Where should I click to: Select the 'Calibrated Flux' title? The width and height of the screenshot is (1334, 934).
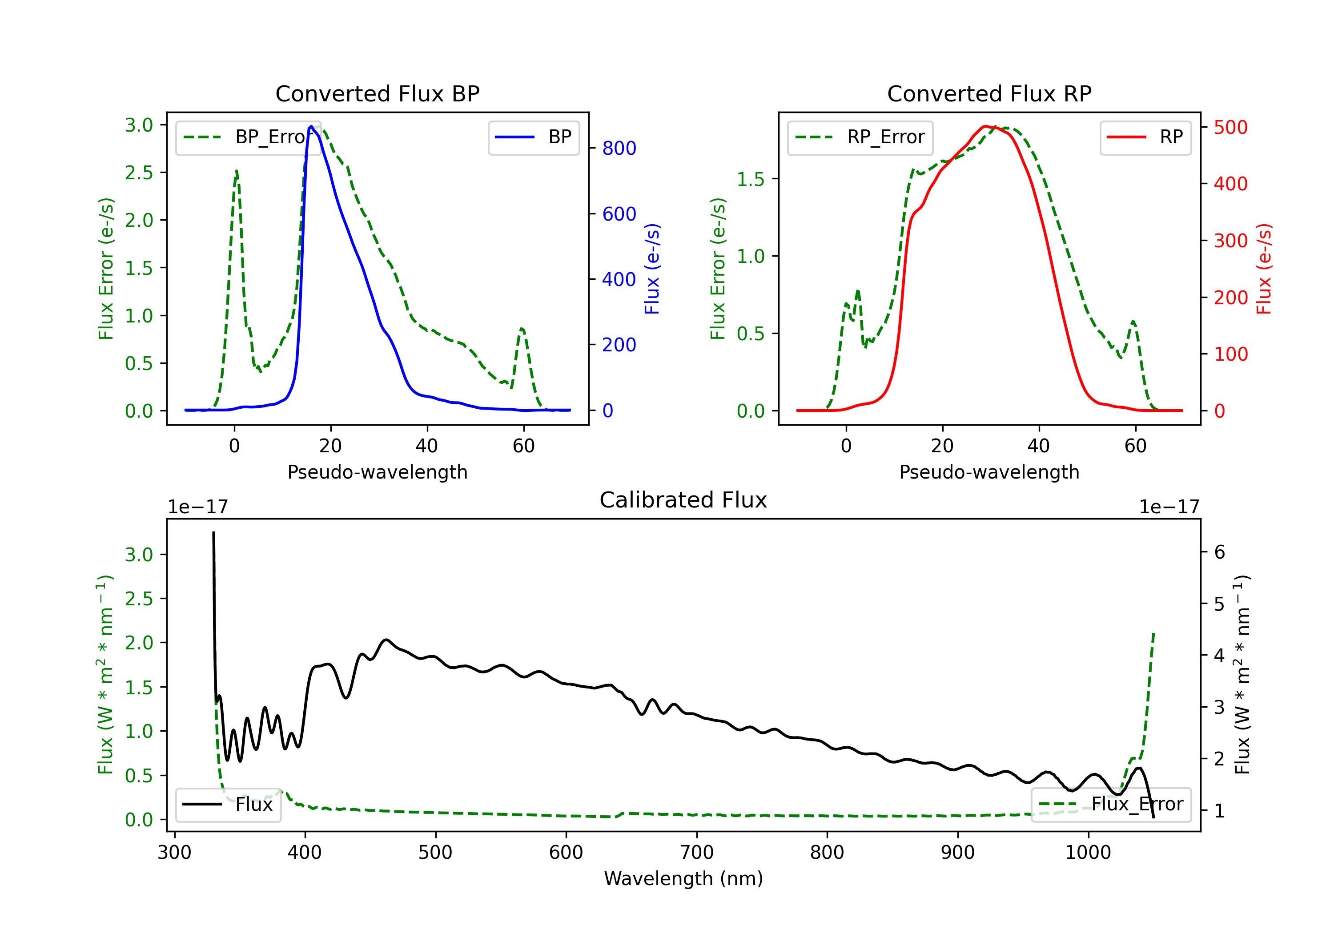click(683, 500)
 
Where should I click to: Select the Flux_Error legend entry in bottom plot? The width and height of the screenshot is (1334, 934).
click(1111, 805)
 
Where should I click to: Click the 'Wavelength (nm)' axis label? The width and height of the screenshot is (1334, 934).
click(683, 879)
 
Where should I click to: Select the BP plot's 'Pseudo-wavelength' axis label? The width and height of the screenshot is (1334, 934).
click(378, 472)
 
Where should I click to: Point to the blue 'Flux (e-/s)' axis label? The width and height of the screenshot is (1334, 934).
click(652, 269)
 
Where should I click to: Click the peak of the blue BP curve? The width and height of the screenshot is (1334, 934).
click(311, 126)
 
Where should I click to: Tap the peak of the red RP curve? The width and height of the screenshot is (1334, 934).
click(985, 127)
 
